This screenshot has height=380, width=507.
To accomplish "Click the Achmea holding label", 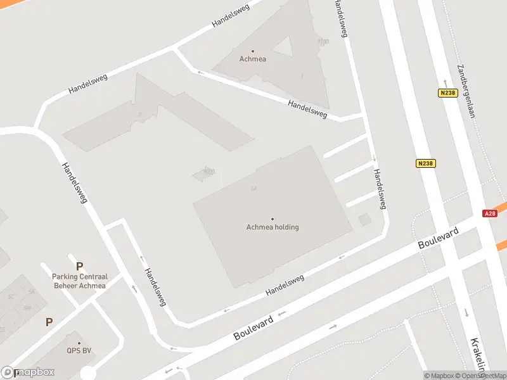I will tap(273, 227).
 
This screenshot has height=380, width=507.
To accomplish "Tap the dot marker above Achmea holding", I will tap(273, 219).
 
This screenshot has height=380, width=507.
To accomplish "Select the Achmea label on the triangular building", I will tap(253, 59).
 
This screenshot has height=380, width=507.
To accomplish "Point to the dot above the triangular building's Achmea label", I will tap(253, 51).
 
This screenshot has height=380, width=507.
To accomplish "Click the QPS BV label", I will tap(79, 350).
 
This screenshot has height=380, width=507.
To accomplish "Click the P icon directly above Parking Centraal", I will tap(79, 267).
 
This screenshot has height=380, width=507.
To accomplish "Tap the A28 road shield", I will tap(490, 213).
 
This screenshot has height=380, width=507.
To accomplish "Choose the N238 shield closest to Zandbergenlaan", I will tap(447, 93).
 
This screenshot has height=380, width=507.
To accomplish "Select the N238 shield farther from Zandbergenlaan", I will tap(426, 163).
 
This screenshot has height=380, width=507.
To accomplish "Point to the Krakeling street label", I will tap(478, 355).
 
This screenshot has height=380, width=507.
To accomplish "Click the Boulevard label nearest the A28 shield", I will tap(438, 239).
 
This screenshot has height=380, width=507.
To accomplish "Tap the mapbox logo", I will tap(28, 372).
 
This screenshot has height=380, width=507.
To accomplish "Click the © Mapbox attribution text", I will tap(439, 376).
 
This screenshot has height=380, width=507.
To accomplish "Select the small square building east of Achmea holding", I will tap(364, 220).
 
